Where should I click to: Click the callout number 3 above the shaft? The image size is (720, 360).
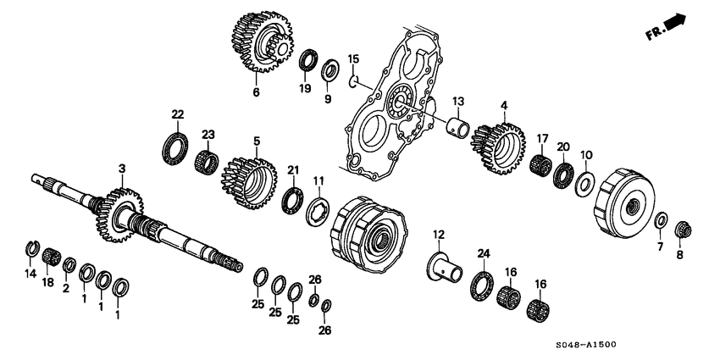[122, 169]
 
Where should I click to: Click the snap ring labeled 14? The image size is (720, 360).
[30, 247]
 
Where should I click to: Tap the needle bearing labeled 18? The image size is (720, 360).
[51, 255]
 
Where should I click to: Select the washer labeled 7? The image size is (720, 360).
[659, 220]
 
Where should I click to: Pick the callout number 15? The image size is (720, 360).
[354, 58]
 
